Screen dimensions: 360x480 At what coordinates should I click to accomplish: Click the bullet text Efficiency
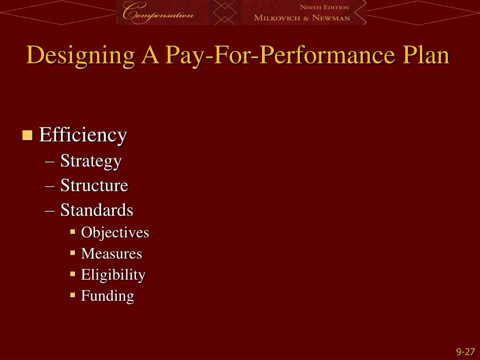tap(83, 135)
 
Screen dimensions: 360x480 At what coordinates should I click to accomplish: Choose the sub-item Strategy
tap(91, 161)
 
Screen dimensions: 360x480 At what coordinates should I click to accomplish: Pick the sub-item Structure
tap(94, 186)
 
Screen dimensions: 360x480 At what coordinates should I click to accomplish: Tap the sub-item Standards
tap(97, 210)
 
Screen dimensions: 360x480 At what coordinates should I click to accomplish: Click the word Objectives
tap(115, 232)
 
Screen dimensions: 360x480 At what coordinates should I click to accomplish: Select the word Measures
tap(111, 254)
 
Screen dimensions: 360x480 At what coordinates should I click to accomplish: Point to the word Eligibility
tap(113, 275)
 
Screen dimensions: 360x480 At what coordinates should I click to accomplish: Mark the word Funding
tap(107, 296)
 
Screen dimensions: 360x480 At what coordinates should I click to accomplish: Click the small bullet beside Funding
tap(73, 295)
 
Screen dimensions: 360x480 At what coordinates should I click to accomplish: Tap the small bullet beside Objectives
tap(73, 232)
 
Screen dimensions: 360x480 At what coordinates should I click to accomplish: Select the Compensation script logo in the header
tap(157, 13)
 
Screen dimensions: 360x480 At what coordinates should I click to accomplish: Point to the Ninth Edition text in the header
tap(324, 7)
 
